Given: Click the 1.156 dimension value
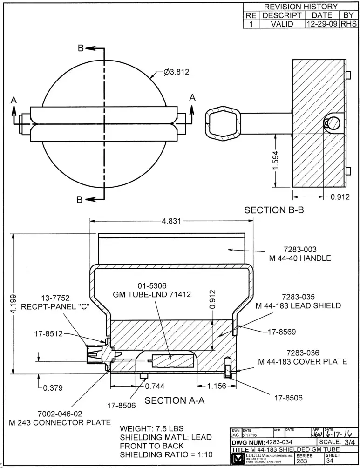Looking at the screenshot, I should tap(216, 386).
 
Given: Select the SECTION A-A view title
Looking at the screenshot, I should tap(175, 400).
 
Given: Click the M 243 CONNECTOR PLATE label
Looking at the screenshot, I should tap(60, 422).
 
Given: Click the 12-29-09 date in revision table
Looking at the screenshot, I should tap(322, 24).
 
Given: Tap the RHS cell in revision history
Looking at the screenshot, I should tap(348, 24).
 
